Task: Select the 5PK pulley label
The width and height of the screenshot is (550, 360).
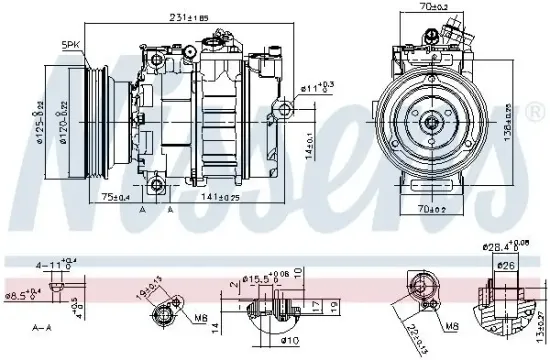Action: point(72,44)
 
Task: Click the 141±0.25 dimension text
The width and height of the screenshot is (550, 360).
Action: point(221,198)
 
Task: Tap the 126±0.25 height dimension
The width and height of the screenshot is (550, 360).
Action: point(536,121)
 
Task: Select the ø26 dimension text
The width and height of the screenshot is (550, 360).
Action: point(508,265)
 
